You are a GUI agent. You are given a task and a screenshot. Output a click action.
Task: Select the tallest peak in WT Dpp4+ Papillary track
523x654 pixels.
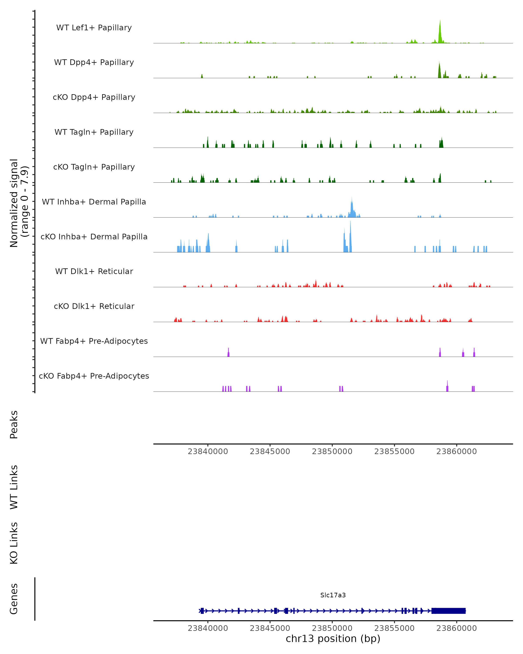(x=439, y=70)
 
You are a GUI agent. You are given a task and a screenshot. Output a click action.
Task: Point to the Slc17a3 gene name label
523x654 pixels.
(x=333, y=595)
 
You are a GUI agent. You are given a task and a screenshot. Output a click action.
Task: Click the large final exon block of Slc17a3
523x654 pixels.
(x=448, y=611)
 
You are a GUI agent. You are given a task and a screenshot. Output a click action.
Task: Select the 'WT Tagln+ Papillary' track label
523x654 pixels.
(x=94, y=132)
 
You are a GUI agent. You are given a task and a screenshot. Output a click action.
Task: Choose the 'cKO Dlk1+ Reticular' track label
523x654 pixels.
(x=94, y=306)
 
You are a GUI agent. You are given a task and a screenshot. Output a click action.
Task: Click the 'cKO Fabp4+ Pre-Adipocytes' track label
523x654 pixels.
(x=94, y=376)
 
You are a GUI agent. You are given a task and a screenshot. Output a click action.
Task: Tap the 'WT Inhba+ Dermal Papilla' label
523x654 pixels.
(x=94, y=202)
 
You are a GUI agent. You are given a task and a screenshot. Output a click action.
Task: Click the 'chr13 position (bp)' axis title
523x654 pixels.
(x=333, y=639)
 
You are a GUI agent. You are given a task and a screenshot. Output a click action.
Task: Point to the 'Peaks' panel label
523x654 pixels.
(x=14, y=424)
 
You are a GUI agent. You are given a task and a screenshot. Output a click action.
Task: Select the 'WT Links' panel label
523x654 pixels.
(x=14, y=487)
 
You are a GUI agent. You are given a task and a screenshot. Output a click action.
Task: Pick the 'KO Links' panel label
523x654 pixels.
(x=14, y=543)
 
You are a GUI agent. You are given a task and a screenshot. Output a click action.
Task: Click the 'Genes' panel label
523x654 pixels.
(x=14, y=599)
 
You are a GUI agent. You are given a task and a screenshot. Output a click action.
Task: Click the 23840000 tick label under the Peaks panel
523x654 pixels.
(x=208, y=451)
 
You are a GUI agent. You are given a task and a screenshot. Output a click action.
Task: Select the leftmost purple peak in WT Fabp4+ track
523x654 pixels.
(x=228, y=353)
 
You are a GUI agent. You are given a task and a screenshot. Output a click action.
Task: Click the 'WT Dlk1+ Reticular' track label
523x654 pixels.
(x=94, y=271)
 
